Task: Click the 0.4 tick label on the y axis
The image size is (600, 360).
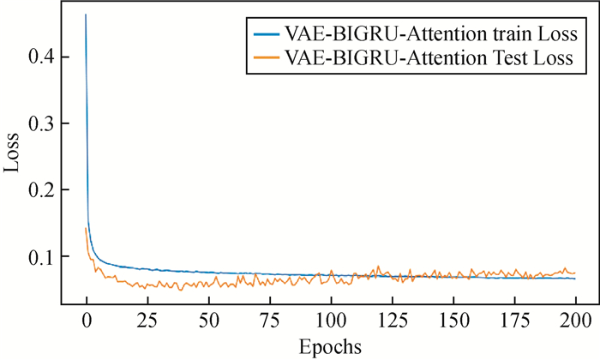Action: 42,57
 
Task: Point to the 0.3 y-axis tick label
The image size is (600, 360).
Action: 42,123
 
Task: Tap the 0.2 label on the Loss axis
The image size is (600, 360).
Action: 42,190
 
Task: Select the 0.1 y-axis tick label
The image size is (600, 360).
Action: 42,256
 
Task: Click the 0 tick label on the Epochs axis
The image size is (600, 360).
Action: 86,323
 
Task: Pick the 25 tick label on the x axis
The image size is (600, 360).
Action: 147,323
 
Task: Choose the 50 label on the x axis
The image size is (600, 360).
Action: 208,323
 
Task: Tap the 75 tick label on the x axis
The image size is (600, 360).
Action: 269,323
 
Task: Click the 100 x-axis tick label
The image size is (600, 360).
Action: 330,323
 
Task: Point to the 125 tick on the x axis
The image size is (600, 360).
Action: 392,323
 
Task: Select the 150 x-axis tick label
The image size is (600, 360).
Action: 453,323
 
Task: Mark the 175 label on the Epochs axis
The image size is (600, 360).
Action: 513,323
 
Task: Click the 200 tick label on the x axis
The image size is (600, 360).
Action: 575,323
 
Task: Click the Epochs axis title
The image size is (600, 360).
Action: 330,346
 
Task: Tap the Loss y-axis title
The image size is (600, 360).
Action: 12,157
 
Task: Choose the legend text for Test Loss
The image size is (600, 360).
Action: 429,58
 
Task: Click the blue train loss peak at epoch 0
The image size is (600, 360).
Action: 86,15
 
